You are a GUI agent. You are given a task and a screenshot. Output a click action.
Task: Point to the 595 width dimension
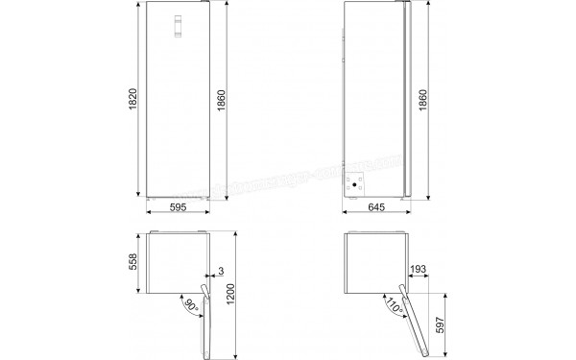pyautogui.click(x=178, y=207)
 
